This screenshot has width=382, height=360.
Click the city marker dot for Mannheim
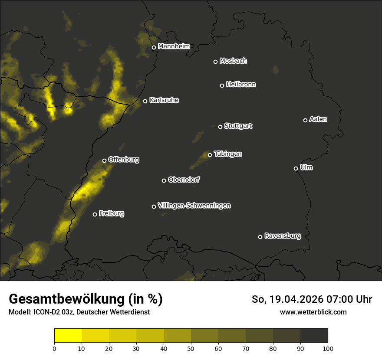[x=154, y=48]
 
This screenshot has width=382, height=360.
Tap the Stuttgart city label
[x=238, y=126]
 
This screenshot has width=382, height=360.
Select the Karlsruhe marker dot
[x=145, y=101]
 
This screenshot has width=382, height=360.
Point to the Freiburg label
[x=111, y=213]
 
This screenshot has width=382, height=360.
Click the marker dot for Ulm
[x=296, y=168]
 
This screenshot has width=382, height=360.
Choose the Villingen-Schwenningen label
[x=194, y=206]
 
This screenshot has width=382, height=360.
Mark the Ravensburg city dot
[x=260, y=237]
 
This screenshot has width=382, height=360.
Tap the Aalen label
[x=318, y=119]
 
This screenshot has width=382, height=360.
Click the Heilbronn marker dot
[x=222, y=85]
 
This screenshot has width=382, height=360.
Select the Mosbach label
[x=233, y=61]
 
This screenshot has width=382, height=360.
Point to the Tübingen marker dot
[x=210, y=155]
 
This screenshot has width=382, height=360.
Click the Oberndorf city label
[x=184, y=180]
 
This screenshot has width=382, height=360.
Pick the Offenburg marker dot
[x=104, y=160]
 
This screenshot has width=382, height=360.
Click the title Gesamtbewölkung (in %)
[x=86, y=299]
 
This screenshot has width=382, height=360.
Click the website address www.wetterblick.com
[x=313, y=312]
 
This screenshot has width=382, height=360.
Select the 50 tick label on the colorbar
[x=191, y=349]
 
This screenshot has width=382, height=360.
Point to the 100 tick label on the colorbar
[x=328, y=349]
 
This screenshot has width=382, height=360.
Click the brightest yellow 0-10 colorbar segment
[x=68, y=336]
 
